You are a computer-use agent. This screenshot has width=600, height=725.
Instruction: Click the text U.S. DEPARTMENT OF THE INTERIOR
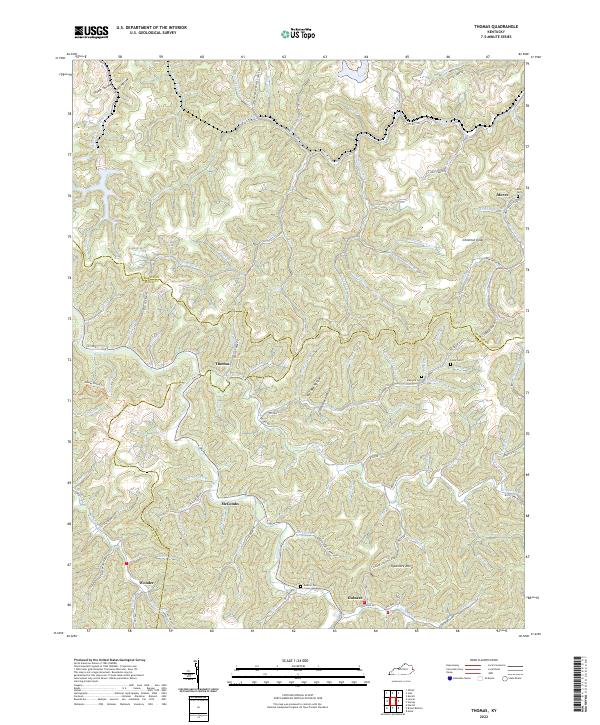click(152, 27)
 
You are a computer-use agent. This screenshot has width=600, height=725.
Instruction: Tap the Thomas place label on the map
click(223, 363)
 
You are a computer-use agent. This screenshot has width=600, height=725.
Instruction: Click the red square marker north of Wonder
click(127, 563)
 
